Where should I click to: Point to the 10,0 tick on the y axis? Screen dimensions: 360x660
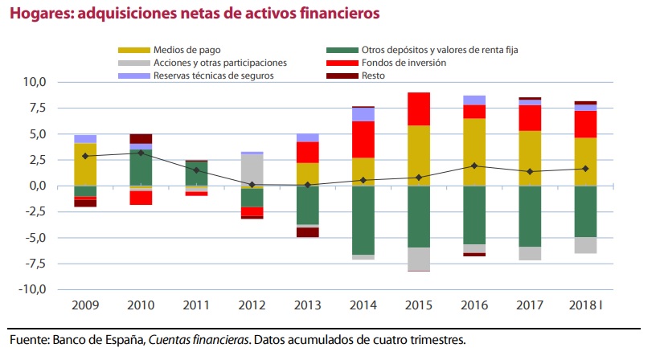35,82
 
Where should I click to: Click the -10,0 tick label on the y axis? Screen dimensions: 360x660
33,289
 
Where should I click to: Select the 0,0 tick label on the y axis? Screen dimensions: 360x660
37,186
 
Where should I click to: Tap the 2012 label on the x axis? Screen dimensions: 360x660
252,307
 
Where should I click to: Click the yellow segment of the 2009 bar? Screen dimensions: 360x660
85,164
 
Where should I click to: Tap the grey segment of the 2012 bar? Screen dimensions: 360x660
252,170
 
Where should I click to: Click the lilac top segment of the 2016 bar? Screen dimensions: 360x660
474,100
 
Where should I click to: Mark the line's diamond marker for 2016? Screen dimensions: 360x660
474,166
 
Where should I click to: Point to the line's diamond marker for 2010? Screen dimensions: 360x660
141,153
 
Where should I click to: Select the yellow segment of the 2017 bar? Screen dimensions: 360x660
530,157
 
